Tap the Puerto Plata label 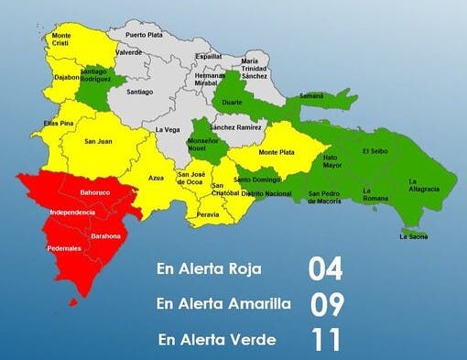[144, 35]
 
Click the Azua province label [156, 177]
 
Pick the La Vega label [168, 130]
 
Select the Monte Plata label [276, 152]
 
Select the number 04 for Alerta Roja [325, 269]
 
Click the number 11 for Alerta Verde [325, 339]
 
